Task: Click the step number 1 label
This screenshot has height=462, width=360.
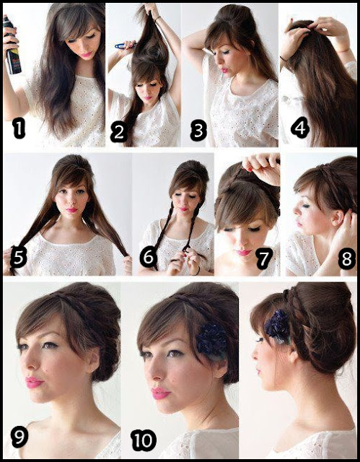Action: point(19,130)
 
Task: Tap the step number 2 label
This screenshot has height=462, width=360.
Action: point(118,132)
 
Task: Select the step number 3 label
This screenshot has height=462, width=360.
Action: point(198,131)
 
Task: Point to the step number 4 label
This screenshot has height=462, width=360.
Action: point(300,128)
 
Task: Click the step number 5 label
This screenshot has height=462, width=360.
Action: point(18,257)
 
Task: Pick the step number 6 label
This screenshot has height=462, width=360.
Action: point(148,257)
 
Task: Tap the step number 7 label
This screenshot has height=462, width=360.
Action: point(264,258)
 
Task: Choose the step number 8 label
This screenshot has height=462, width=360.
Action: point(346,260)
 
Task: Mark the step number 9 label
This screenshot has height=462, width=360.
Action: point(19,436)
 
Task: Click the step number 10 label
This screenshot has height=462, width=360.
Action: point(144,440)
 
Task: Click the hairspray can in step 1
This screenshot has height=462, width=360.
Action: point(12,45)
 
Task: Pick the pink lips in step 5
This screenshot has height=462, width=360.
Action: point(72,210)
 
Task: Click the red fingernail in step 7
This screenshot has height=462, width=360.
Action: point(250,170)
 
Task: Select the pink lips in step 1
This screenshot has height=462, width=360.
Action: point(87,55)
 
